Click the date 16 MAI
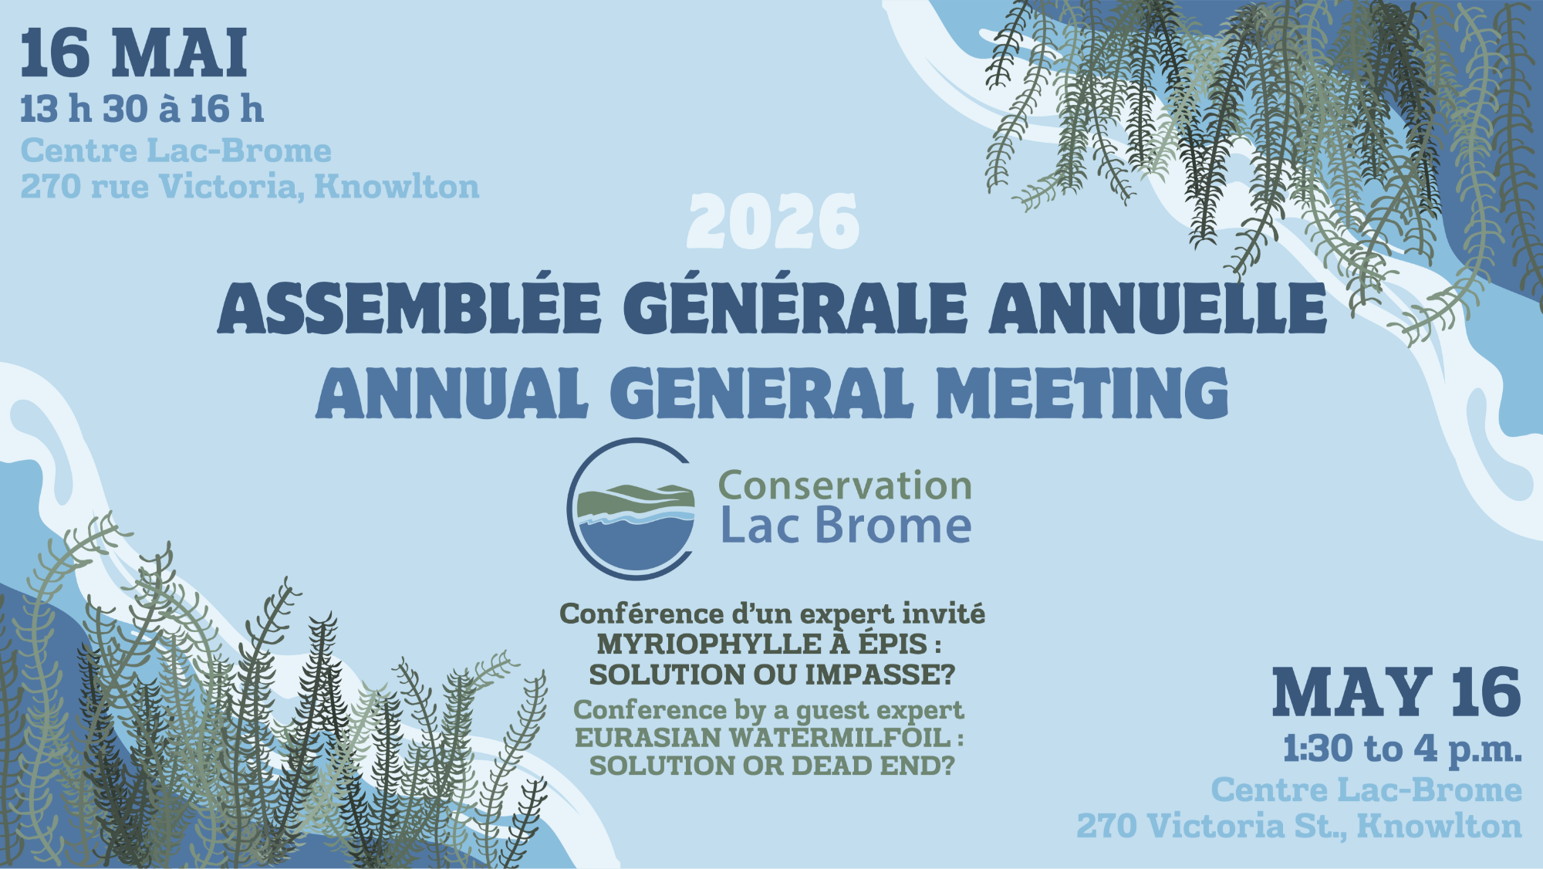pyautogui.click(x=133, y=53)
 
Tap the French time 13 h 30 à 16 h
pyautogui.click(x=142, y=109)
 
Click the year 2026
pyautogui.click(x=773, y=222)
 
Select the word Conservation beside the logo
pyautogui.click(x=845, y=486)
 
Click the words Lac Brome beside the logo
pyautogui.click(x=846, y=526)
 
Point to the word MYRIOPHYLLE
pyautogui.click(x=709, y=644)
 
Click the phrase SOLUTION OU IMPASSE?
pyautogui.click(x=772, y=675)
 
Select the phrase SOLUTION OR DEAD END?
pyautogui.click(x=772, y=766)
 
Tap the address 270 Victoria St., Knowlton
pyautogui.click(x=1299, y=826)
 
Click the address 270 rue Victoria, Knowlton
pyautogui.click(x=250, y=187)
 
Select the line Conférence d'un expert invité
pyautogui.click(x=772, y=614)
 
